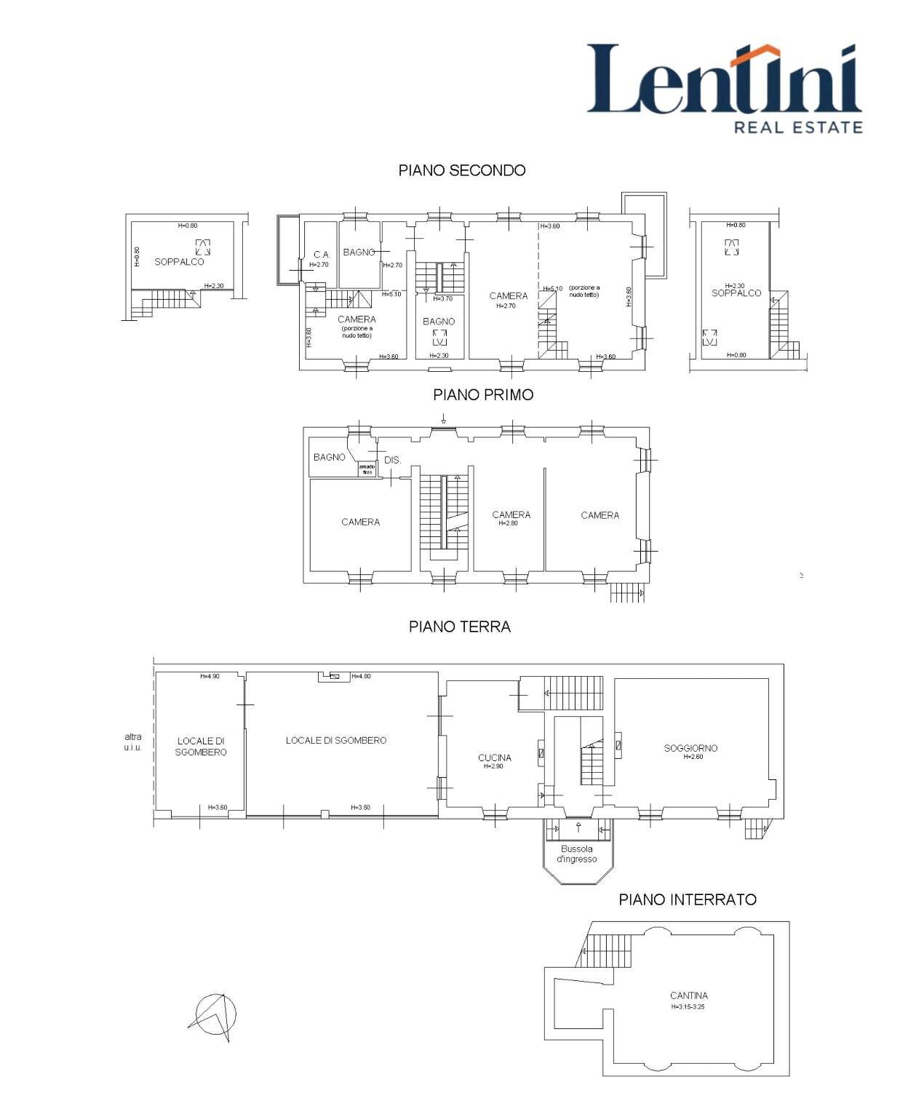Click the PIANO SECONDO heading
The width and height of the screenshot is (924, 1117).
tap(462, 170)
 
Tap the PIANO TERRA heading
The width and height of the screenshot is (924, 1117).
tap(460, 627)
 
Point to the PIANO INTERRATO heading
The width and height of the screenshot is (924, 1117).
tap(688, 899)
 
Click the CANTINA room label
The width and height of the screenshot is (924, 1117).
tap(689, 995)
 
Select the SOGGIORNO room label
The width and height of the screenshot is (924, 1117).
tap(690, 748)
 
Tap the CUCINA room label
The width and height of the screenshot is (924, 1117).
tap(495, 758)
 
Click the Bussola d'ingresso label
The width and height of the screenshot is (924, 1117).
tap(577, 854)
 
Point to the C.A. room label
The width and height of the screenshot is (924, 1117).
tap(322, 255)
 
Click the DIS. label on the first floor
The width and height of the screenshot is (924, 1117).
tap(392, 460)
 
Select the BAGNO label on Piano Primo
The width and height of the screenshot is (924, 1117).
tap(330, 457)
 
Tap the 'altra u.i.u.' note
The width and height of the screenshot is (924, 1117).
tap(132, 742)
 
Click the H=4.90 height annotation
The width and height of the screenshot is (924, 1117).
tap(210, 676)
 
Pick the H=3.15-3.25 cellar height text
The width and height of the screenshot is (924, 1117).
tap(689, 1008)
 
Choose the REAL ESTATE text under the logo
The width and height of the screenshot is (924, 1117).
tap(798, 127)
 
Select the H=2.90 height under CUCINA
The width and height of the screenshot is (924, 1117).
tap(495, 766)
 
